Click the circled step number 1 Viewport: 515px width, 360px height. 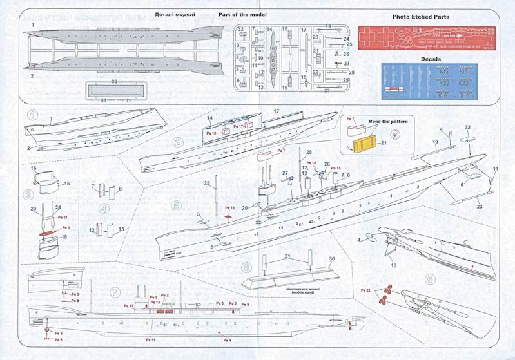pyautogui.click(x=32, y=117)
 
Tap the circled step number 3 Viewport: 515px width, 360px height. pyautogui.click(x=28, y=193)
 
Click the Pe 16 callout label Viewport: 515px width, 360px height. pyautogui.click(x=229, y=208)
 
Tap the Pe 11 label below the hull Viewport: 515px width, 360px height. pyautogui.click(x=150, y=339)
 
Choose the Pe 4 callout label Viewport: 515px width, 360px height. pyautogui.click(x=226, y=339)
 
